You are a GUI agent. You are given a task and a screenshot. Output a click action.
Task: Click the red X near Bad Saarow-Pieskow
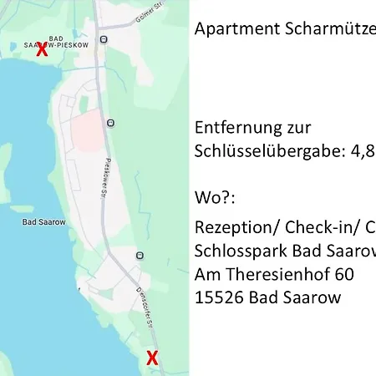tap(41, 48)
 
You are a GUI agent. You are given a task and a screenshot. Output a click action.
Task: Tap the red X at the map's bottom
tap(152, 358)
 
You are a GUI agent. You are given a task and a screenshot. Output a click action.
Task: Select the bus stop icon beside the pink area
tap(110, 124)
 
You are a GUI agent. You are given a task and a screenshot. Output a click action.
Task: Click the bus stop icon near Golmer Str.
tap(103, 39)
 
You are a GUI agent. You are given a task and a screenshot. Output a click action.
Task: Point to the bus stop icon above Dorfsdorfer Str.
tap(140, 255)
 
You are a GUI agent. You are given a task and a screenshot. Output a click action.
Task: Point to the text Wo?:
tap(215, 200)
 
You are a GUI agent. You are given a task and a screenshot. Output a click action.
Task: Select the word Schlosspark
tap(236, 252)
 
